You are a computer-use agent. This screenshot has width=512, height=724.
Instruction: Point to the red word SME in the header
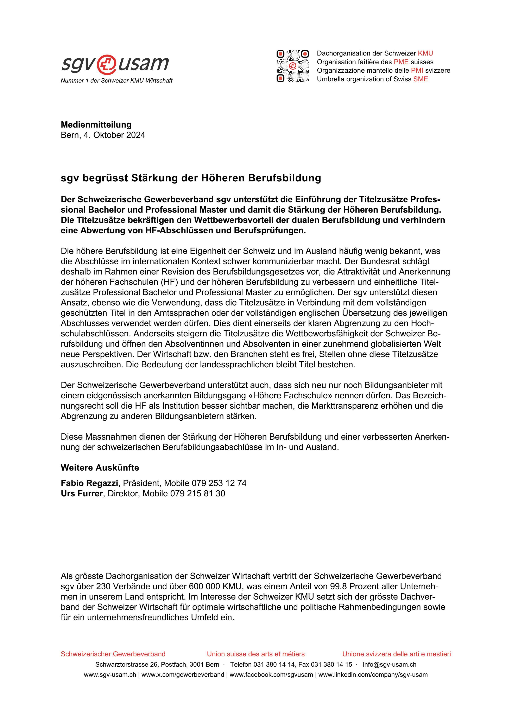point(421,79)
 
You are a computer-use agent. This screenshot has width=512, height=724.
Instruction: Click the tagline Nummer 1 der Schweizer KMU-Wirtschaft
point(116,81)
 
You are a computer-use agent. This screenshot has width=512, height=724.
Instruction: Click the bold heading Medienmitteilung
point(96,125)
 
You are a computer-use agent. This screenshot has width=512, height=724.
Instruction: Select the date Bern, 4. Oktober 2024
point(103,135)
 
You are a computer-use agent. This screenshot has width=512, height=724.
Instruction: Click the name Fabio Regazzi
point(89,483)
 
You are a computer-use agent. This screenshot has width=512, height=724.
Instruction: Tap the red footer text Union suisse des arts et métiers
point(255,654)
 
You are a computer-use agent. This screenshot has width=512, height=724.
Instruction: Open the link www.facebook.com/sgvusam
point(271,675)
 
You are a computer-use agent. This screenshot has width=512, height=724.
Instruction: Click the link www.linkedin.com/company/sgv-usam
point(373,675)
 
